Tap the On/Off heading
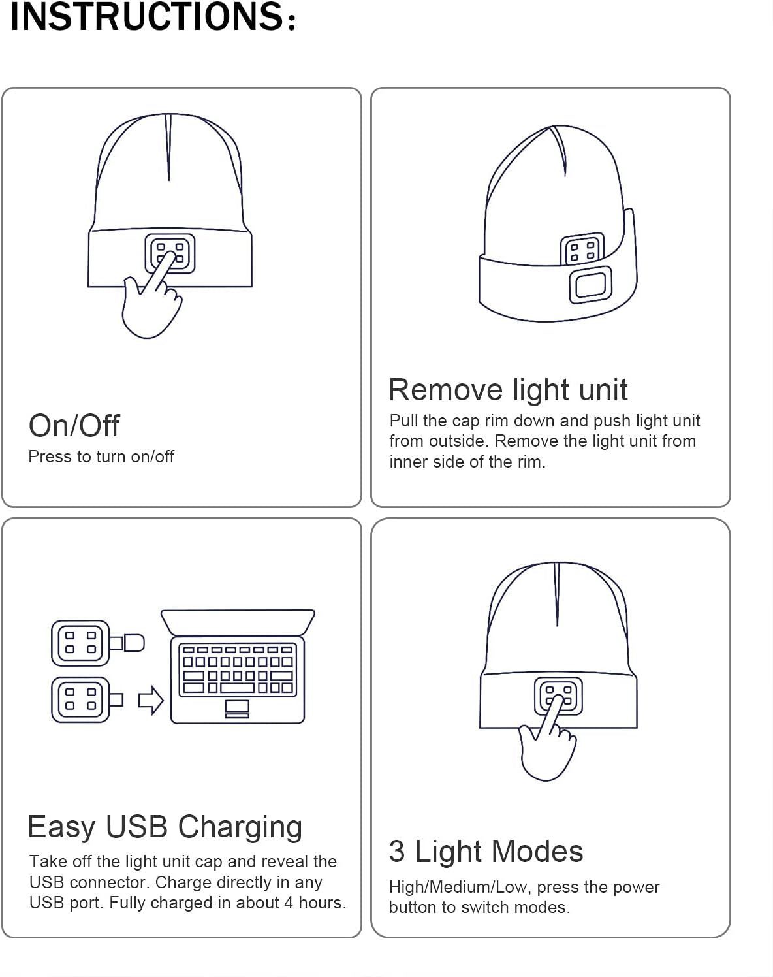pyautogui.click(x=74, y=426)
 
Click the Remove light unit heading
pyautogui.click(x=507, y=390)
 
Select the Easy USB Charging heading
pyautogui.click(x=165, y=827)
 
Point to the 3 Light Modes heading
pyautogui.click(x=486, y=852)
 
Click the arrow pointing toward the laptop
pyautogui.click(x=151, y=701)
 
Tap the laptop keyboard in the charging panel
pyautogui.click(x=238, y=669)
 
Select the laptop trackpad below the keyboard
pyautogui.click(x=237, y=707)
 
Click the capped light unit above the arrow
pyautogui.click(x=81, y=643)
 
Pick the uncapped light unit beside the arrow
pyautogui.click(x=81, y=699)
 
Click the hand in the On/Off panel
pyautogui.click(x=151, y=304)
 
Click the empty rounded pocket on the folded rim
pyautogui.click(x=590, y=285)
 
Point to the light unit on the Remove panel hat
pyautogui.click(x=581, y=249)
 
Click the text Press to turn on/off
pyautogui.click(x=101, y=456)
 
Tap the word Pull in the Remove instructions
pyautogui.click(x=403, y=421)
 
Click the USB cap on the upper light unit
pyautogui.click(x=133, y=643)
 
